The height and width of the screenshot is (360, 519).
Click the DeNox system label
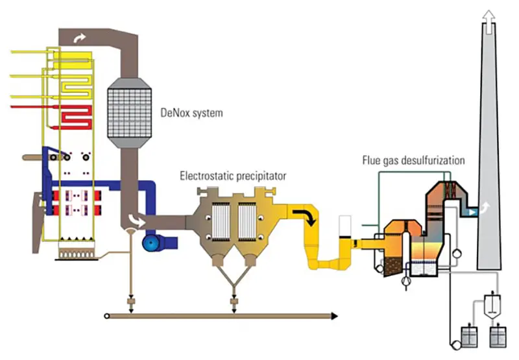click(191, 113)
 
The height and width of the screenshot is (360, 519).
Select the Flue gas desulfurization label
click(415, 160)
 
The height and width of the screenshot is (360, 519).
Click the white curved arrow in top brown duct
click(78, 40)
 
